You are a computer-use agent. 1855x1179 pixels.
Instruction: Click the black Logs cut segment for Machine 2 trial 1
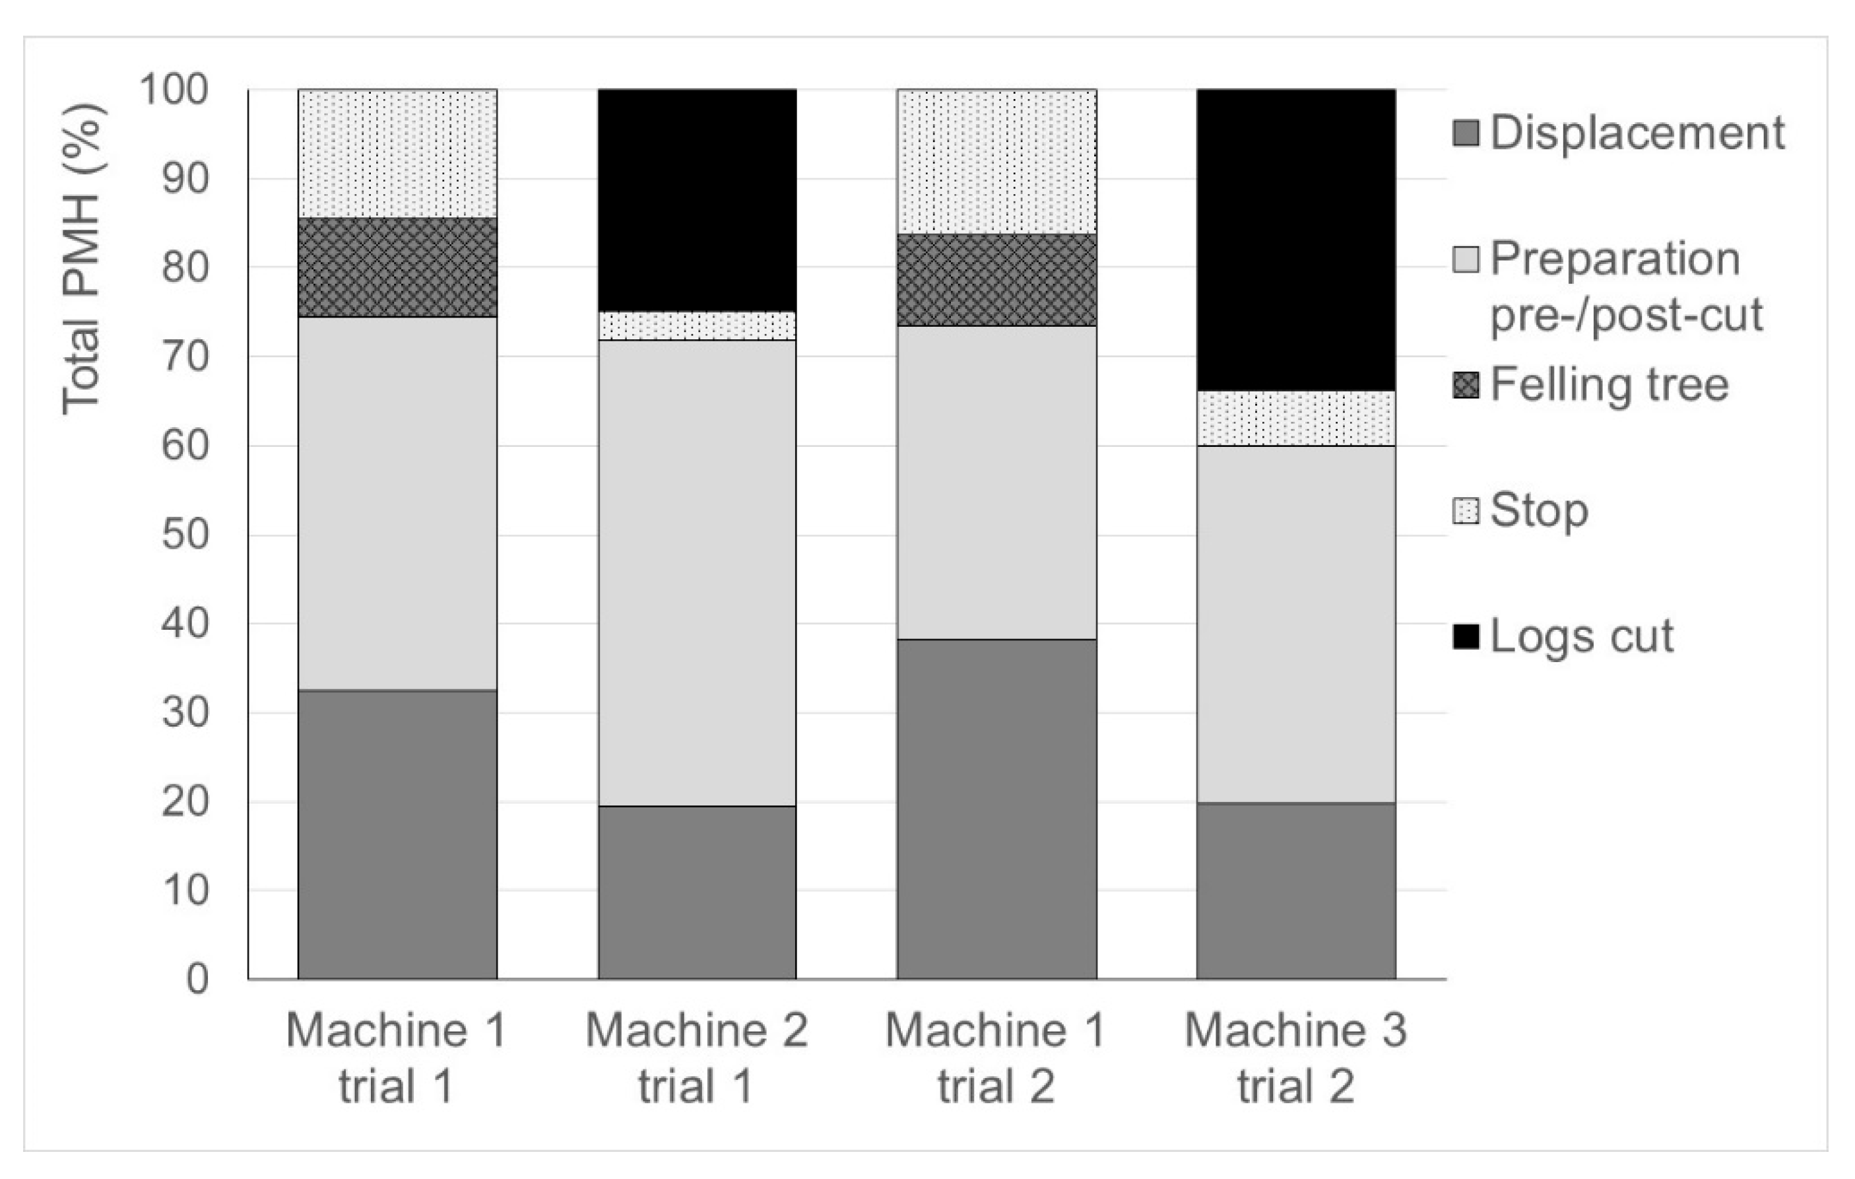click(x=697, y=201)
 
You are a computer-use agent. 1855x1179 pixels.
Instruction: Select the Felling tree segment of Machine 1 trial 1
click(x=397, y=267)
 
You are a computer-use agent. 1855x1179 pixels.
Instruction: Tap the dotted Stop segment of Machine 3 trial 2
click(x=1295, y=419)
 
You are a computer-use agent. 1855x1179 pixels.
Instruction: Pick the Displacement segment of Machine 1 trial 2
click(x=997, y=809)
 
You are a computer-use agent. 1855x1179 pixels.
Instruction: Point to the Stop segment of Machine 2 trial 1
click(x=697, y=326)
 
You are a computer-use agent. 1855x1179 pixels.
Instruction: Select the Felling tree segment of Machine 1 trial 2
click(x=997, y=280)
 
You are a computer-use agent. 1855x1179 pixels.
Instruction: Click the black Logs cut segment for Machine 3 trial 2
click(x=1295, y=240)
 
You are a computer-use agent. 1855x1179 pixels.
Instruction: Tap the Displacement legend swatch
click(x=1466, y=133)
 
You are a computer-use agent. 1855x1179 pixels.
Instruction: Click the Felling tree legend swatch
click(x=1466, y=384)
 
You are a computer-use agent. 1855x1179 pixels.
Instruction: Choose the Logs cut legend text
click(x=1582, y=636)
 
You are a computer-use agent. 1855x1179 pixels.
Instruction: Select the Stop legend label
click(x=1538, y=510)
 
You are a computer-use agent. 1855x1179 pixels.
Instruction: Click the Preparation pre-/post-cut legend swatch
click(x=1466, y=259)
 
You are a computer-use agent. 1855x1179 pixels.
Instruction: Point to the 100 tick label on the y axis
click(x=174, y=90)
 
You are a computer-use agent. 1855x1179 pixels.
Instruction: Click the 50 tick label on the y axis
click(x=185, y=535)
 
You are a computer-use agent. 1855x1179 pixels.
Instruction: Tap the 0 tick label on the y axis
click(x=197, y=980)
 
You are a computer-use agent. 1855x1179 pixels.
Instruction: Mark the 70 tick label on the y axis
click(x=185, y=356)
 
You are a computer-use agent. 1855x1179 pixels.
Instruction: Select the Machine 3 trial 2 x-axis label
click(x=1295, y=1058)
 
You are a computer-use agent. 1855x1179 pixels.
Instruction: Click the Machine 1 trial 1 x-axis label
click(x=396, y=1058)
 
